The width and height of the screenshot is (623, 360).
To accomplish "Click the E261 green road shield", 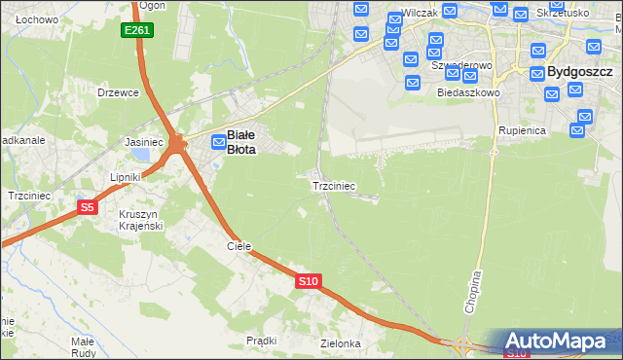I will [137, 31].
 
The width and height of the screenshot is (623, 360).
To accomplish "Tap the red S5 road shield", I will [88, 207].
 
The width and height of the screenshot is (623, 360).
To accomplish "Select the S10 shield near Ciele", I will [308, 281].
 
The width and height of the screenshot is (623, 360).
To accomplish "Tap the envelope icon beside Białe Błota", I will [220, 142].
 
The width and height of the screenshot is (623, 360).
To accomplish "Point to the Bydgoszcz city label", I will [579, 72].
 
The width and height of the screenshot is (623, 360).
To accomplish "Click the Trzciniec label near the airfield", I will [333, 185].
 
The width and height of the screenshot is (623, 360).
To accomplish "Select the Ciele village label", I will [239, 247].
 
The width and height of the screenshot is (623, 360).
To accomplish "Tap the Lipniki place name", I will [126, 177].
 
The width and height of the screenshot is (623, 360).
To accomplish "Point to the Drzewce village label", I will [119, 92].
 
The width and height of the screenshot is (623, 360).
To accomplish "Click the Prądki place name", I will [262, 341].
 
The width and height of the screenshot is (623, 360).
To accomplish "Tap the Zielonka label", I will [341, 344].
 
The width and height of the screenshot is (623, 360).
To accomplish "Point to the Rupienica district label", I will [522, 129].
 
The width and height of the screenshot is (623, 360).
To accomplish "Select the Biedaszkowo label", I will [468, 92].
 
